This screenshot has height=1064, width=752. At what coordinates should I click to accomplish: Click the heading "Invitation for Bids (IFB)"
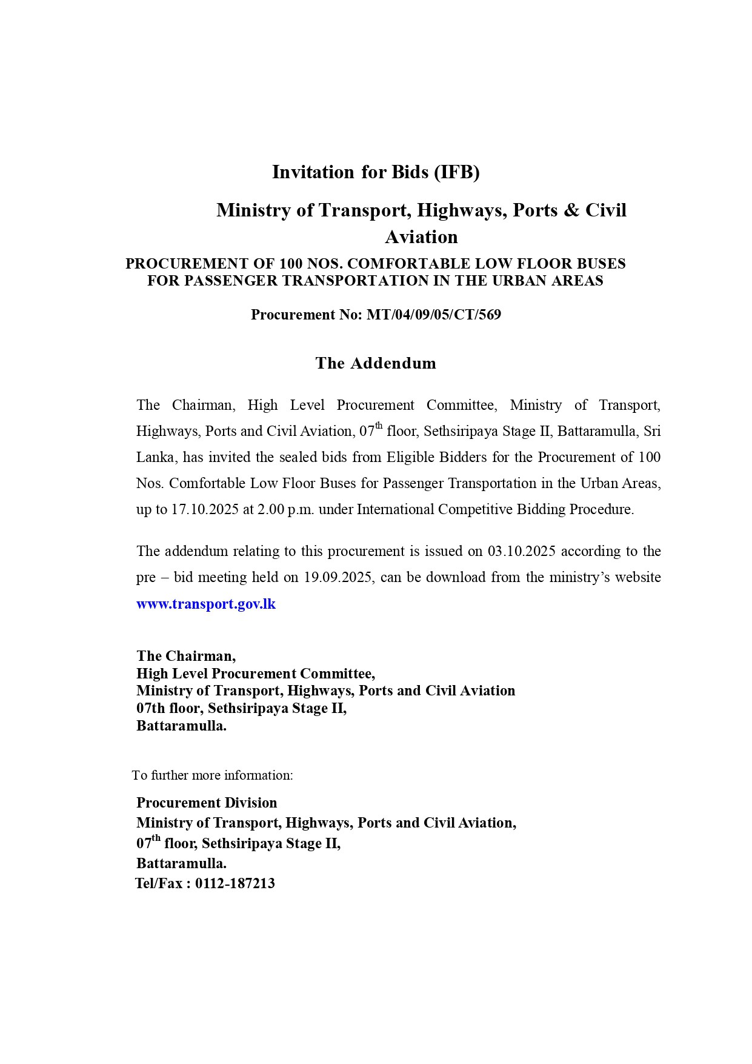pyautogui.click(x=376, y=172)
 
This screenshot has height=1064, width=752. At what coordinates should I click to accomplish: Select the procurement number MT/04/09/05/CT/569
pyautogui.click(x=433, y=315)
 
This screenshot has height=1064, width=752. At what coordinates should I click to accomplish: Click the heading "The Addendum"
pyautogui.click(x=376, y=363)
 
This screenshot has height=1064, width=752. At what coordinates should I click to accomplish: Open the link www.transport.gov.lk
pyautogui.click(x=206, y=604)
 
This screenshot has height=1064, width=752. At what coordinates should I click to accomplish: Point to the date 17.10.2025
pyautogui.click(x=205, y=509)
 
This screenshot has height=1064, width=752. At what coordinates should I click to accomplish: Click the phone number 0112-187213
pyautogui.click(x=235, y=883)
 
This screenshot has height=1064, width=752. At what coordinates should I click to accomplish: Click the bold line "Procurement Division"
pyautogui.click(x=207, y=803)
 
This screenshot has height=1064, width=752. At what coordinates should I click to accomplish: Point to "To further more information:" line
pyautogui.click(x=213, y=775)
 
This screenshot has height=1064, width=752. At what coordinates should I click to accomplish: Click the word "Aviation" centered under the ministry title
pyautogui.click(x=421, y=237)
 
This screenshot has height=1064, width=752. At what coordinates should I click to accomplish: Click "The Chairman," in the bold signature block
pyautogui.click(x=186, y=656)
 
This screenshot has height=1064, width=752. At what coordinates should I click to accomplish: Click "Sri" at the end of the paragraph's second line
pyautogui.click(x=651, y=431)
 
